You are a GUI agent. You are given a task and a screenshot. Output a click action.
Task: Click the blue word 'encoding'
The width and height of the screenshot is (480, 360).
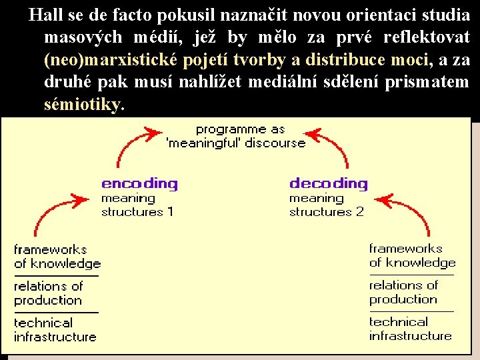tap(139, 183)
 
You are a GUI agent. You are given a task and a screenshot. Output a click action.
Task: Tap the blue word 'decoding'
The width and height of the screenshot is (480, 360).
tap(328, 183)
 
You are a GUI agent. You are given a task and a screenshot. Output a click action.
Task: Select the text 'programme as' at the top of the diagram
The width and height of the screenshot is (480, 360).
tap(240, 129)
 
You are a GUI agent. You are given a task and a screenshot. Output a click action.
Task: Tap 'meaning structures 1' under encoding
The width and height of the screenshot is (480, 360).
tap(137, 205)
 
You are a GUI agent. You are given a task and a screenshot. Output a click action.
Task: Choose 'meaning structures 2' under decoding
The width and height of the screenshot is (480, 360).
tap(327, 205)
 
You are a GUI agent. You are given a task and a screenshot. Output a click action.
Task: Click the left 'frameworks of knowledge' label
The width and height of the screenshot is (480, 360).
tap(57, 257)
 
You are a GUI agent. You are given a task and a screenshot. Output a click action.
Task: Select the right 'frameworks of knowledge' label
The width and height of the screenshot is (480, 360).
tap(412, 255)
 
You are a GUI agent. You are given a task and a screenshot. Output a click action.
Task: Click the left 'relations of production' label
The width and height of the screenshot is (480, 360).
tap(49, 293)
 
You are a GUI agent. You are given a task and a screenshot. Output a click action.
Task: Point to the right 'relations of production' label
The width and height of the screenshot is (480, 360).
tap(403, 292)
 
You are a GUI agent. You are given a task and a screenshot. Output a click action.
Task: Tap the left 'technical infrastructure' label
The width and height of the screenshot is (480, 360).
tap(55, 330)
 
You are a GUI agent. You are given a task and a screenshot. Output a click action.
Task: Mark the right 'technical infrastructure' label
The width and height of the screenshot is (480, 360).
tap(410, 329)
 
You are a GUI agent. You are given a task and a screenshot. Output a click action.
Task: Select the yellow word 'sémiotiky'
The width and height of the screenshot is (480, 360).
tap(83, 105)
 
